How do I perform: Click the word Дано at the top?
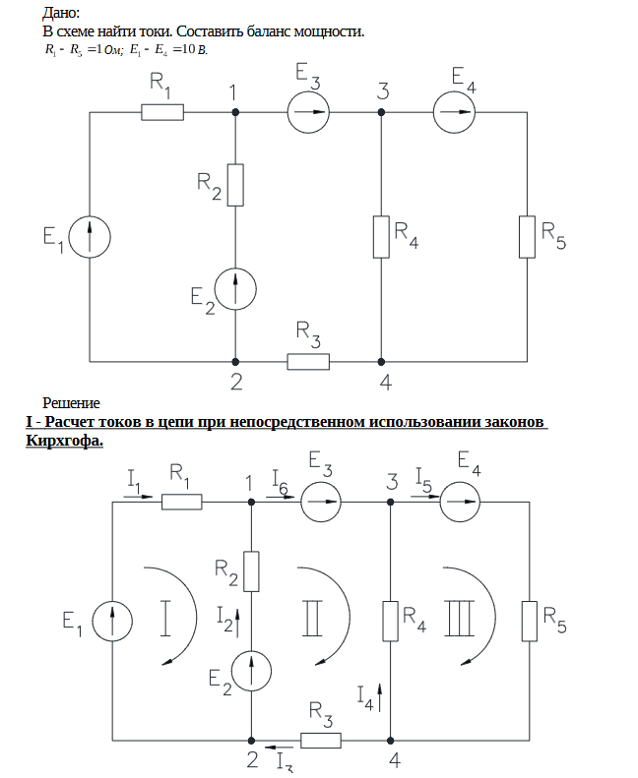click(61, 13)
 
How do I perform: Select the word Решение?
click(71, 402)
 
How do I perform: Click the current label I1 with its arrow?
click(136, 483)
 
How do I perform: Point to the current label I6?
click(279, 483)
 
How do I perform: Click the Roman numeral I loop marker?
click(167, 619)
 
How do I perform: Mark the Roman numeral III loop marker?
click(460, 619)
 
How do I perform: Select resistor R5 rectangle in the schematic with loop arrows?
click(531, 621)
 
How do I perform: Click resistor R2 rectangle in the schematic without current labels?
click(235, 185)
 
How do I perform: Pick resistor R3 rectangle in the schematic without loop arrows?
click(308, 361)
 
